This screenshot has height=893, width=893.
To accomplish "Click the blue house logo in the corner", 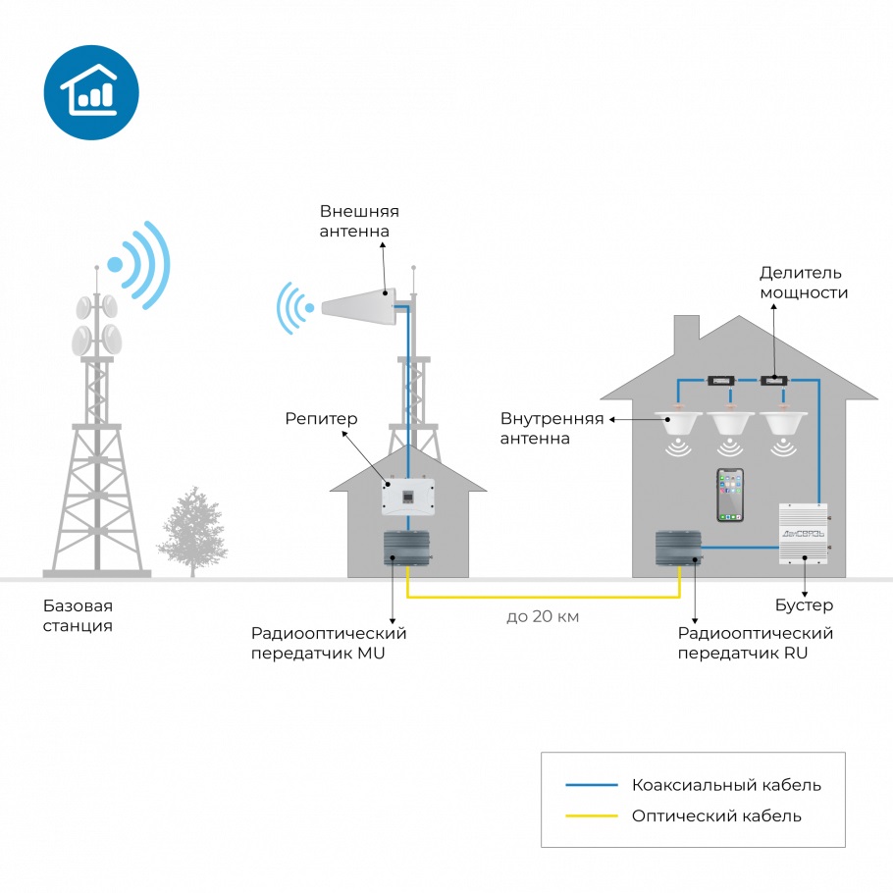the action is click(91, 92).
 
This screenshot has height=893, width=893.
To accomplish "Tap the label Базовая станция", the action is click(79, 615).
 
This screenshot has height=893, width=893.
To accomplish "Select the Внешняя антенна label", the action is click(359, 221).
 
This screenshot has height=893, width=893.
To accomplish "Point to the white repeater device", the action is click(408, 497).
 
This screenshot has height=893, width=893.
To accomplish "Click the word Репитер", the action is click(321, 419).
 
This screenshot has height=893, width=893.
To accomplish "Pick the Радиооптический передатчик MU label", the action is click(329, 643).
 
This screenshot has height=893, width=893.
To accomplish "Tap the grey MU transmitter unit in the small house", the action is click(406, 548).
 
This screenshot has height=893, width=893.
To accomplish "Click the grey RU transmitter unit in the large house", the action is click(678, 548).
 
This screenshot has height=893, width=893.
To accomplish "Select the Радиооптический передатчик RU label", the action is click(756, 643).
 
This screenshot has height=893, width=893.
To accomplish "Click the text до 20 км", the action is click(543, 616).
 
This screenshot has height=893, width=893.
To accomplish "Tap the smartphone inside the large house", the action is click(730, 495).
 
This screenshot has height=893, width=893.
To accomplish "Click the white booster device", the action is click(804, 534).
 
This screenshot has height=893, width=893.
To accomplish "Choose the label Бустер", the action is click(804, 604).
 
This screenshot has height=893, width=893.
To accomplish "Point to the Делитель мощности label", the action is click(804, 283).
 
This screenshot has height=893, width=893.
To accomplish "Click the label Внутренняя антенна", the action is click(552, 428).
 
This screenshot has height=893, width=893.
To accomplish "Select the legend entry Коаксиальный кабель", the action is click(726, 785).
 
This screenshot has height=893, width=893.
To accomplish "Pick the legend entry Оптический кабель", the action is click(716, 816).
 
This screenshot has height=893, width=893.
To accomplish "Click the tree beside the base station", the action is click(192, 531).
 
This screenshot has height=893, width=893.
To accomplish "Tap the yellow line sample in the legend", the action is click(592, 816).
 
